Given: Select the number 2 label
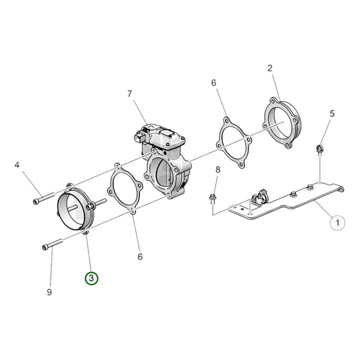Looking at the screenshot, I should coord(269,68).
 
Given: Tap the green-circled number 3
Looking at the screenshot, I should coord(91,278).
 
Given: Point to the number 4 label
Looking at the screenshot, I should coord(18,163).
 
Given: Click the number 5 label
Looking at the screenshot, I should coord(332,113).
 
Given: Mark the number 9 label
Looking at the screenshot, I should coord(48,292).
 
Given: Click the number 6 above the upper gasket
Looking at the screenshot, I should coord(213,82).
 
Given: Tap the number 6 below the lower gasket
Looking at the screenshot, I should coord(140,256).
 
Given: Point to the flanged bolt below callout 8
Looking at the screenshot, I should coord(213,197).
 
